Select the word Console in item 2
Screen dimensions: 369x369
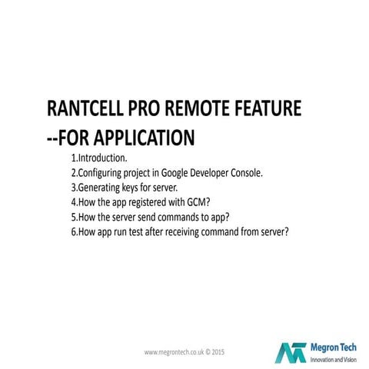tap(245, 173)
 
